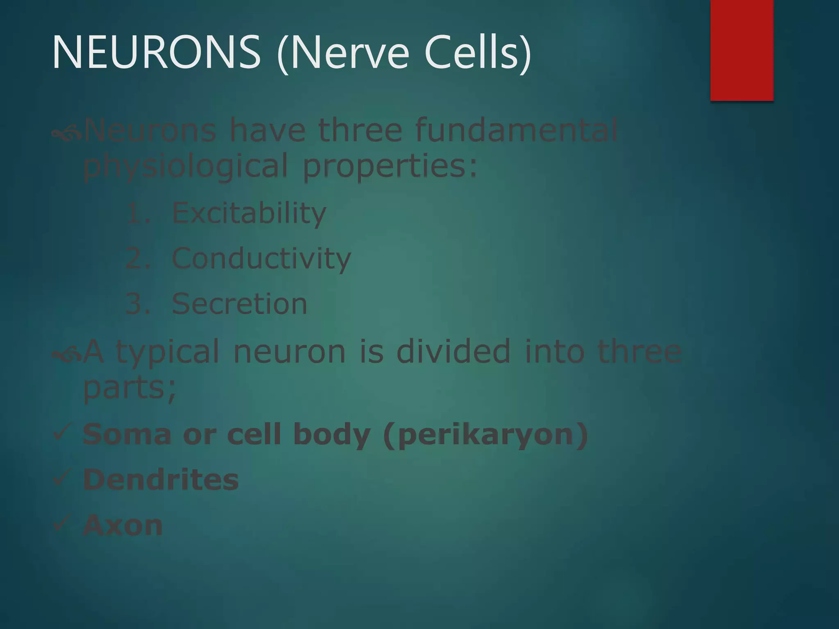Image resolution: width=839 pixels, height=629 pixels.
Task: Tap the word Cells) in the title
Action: [478, 52]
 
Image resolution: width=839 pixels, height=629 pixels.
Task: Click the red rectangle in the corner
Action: [741, 50]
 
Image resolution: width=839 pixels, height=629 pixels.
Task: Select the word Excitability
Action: [249, 213]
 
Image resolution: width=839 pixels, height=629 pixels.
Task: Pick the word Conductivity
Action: [261, 258]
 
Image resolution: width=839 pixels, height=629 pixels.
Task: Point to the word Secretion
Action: [239, 304]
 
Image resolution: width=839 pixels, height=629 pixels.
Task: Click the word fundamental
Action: [516, 130]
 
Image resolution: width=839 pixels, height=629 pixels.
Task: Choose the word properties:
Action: [390, 166]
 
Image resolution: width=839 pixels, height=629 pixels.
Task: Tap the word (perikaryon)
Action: [486, 435]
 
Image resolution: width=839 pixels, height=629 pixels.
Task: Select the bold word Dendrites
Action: [161, 480]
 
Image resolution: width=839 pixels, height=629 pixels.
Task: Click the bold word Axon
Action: [122, 525]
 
